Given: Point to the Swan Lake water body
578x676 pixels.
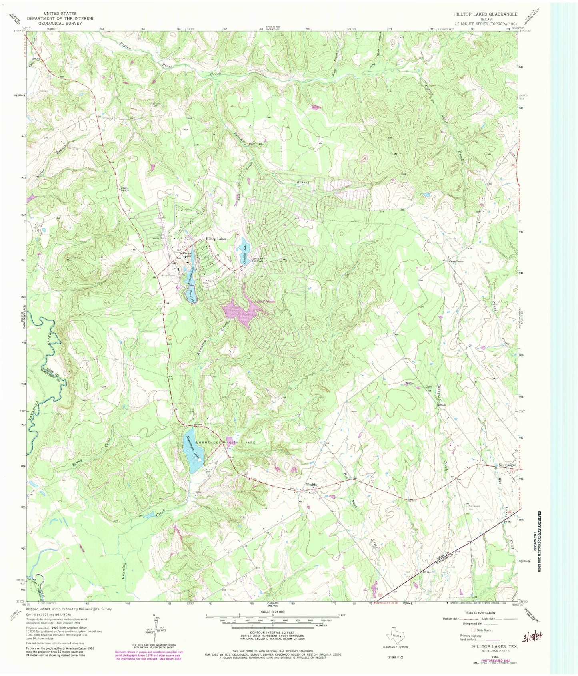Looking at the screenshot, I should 192,296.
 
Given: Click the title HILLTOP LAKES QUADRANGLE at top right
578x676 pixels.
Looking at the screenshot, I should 485,14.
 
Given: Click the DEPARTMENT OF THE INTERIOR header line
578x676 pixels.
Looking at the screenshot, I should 60,18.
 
